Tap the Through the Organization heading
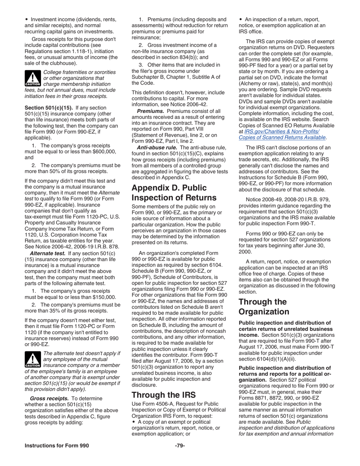(x=264, y=306)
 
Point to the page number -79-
(x=180, y=446)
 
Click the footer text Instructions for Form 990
(x=57, y=446)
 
